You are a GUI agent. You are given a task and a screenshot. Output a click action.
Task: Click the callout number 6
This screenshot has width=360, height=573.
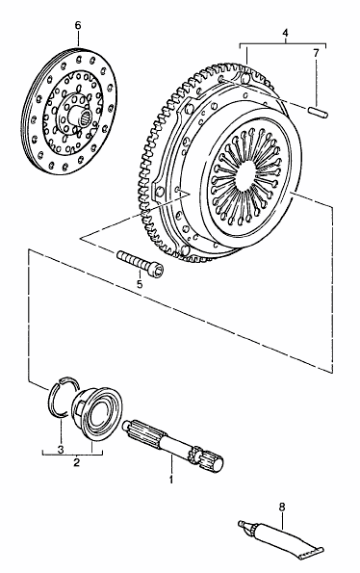[x=78, y=26]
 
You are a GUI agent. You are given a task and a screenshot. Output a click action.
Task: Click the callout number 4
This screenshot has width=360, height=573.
[x=285, y=33]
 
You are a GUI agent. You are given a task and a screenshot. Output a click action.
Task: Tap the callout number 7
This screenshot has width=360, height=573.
[x=316, y=53]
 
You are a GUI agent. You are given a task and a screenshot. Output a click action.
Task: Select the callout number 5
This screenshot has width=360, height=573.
[x=140, y=284]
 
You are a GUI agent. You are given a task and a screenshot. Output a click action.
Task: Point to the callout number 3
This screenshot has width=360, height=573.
[x=61, y=449]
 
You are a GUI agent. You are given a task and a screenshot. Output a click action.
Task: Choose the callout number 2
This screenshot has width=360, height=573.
[x=76, y=462]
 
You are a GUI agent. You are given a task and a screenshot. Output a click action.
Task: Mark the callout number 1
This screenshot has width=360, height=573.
[x=170, y=479]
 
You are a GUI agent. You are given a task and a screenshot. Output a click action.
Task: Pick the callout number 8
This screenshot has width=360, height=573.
[x=281, y=508]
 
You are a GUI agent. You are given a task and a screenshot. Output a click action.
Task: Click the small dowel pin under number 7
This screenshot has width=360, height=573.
[x=319, y=112]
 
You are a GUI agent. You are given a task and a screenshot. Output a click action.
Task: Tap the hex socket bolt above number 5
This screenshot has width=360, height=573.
[x=141, y=262]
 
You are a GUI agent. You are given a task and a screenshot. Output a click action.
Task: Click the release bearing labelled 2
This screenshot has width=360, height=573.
[x=97, y=410]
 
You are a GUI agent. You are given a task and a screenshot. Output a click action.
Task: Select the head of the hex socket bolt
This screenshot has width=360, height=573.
[x=156, y=270]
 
